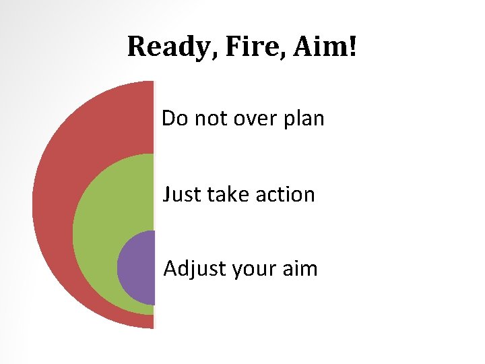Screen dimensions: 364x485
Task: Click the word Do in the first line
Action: point(174,119)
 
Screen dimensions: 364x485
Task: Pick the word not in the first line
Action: point(207,119)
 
